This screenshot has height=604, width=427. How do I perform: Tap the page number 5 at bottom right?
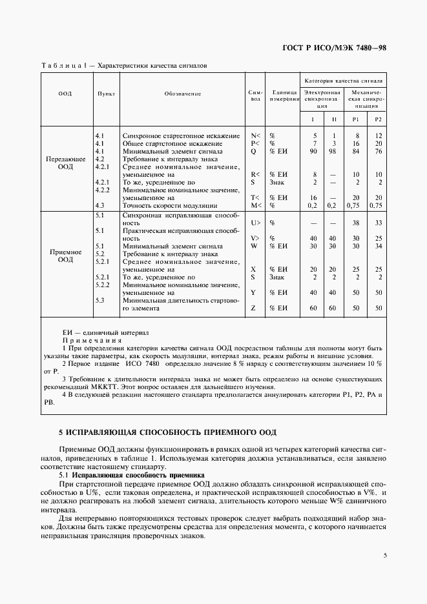384,555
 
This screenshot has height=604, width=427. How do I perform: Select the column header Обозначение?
183,94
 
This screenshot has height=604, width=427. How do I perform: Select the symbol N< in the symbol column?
255,136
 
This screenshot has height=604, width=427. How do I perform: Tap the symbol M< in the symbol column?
255,205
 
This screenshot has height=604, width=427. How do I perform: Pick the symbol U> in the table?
255,222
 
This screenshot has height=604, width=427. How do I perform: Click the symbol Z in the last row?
254,308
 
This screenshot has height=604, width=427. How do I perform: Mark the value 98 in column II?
333,150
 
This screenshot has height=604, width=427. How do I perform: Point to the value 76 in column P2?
379,150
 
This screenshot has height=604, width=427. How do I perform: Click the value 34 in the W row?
379,246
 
